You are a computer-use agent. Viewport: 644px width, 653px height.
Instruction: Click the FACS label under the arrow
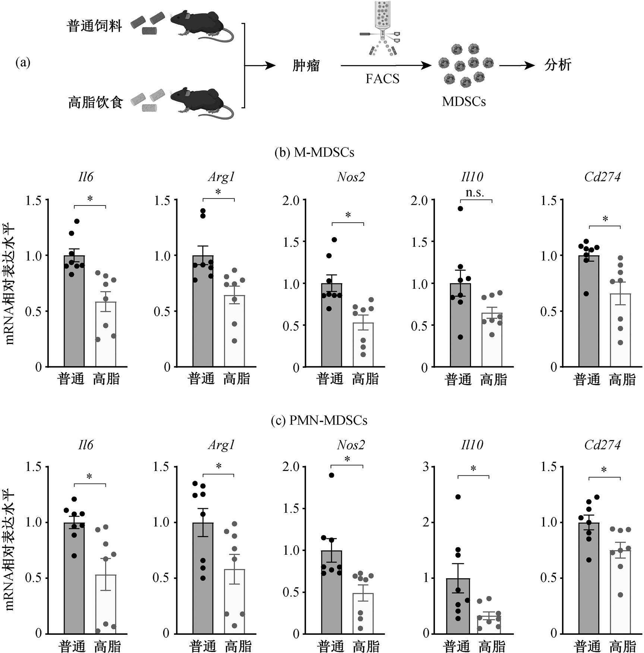click(x=382, y=79)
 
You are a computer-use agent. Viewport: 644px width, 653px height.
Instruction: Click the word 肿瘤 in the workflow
click(x=306, y=66)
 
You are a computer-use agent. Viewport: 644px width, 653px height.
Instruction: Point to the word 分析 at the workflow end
click(x=558, y=65)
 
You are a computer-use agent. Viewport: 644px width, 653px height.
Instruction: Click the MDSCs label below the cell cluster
click(x=464, y=101)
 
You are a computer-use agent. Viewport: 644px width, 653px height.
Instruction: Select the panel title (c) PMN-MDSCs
click(x=319, y=420)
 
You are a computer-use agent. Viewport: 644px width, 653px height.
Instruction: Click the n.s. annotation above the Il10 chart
click(x=475, y=192)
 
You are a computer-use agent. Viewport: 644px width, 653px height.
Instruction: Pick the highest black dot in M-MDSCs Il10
click(x=460, y=208)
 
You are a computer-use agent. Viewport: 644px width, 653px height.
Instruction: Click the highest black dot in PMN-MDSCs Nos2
click(x=331, y=475)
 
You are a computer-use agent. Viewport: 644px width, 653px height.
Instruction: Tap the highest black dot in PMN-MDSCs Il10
click(x=458, y=497)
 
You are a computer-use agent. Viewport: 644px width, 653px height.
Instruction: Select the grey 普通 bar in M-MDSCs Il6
click(x=74, y=311)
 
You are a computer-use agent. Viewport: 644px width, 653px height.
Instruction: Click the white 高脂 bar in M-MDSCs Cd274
click(x=621, y=330)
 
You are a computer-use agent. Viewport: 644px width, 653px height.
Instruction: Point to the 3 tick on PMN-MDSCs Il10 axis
click(x=426, y=466)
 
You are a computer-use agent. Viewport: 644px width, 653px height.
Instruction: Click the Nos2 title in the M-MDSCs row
click(x=351, y=176)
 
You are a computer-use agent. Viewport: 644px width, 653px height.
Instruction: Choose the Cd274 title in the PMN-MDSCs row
click(x=603, y=445)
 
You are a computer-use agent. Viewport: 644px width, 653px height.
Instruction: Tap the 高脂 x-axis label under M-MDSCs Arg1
click(x=237, y=379)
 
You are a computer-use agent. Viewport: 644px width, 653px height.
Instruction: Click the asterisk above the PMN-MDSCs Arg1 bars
click(x=219, y=466)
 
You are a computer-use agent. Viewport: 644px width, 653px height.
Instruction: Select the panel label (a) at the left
click(x=23, y=62)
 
